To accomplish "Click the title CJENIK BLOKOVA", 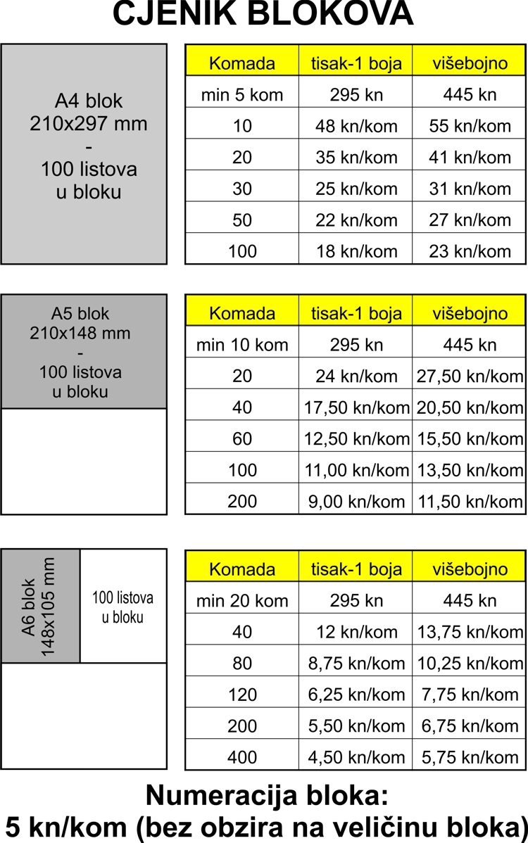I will [x=263, y=14].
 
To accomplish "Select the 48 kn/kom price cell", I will [x=356, y=126].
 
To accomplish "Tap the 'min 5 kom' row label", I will [x=242, y=94].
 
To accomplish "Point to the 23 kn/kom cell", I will [x=470, y=251].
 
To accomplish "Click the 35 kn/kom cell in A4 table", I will [x=356, y=157].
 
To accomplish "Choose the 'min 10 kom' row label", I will [x=242, y=345].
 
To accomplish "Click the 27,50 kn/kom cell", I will [x=470, y=376].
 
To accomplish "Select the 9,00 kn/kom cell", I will [x=356, y=502].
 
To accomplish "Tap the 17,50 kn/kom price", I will [x=356, y=407].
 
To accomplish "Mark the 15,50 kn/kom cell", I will [x=470, y=439].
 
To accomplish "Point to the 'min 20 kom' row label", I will [x=242, y=601].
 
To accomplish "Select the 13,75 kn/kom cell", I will [x=470, y=632].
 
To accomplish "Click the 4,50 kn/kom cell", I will [x=356, y=758].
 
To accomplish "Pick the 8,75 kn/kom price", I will [x=356, y=664].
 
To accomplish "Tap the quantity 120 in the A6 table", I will [x=242, y=695].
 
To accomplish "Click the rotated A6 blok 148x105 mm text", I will [x=39, y=607].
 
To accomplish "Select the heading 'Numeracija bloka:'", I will [x=267, y=795].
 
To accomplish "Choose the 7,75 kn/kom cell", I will [x=470, y=695].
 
